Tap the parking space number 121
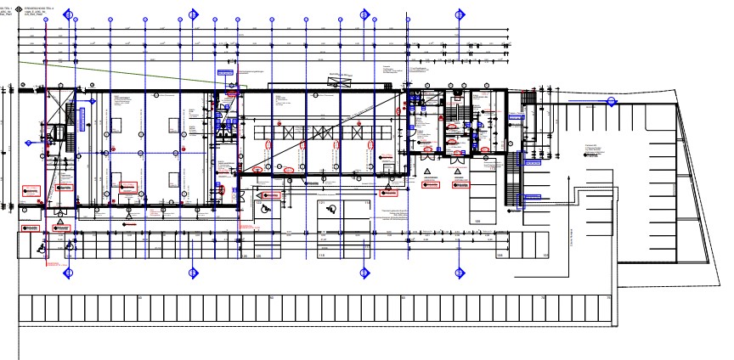[321, 203]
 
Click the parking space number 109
[477, 221]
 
